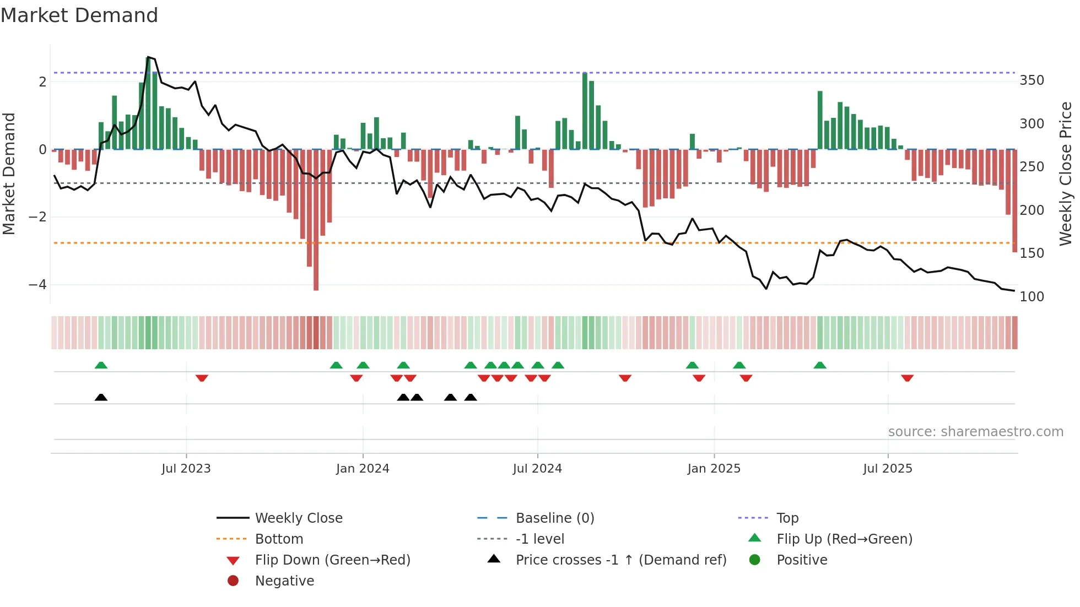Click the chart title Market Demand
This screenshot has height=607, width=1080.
coord(79,15)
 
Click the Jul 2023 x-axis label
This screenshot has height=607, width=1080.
coord(186,469)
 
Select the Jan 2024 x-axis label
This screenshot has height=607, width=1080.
coord(363,469)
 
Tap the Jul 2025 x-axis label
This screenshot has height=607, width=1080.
coord(888,469)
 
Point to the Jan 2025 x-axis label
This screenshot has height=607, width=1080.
coord(714,469)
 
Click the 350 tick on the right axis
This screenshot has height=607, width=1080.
coord(1032,80)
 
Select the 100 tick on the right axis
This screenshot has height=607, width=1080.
coord(1032,297)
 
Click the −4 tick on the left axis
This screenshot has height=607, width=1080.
coord(37,285)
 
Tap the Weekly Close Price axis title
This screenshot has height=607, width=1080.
coord(1066,174)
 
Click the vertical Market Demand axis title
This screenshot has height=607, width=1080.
coord(9,174)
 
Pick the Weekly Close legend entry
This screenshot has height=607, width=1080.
coord(298,518)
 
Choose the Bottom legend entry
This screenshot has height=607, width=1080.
coord(279,539)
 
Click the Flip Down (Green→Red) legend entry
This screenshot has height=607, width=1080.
coord(332,560)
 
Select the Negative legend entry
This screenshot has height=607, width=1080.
coord(284,581)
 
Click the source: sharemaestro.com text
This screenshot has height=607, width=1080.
coord(975,432)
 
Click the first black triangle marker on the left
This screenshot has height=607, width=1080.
coord(101,397)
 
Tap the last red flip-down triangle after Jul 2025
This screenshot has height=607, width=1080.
coord(907,378)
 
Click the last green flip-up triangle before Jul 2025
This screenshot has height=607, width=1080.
coord(820,365)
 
